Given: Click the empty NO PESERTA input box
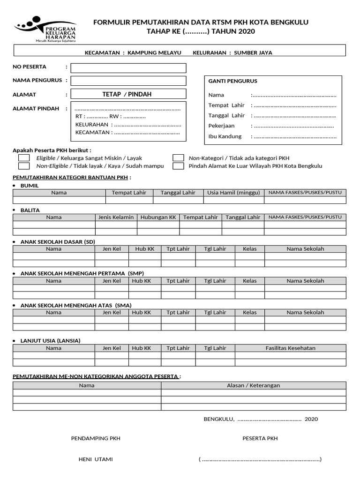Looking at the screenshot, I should coord(128,68).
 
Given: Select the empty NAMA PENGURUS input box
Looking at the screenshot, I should coord(128,81).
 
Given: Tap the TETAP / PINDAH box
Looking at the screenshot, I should coord(128,94).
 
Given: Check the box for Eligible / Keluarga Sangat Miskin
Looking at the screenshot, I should coord(24,158).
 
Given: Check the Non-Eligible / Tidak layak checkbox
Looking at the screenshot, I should coord(24,166).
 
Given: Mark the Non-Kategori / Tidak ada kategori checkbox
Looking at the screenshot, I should coord(178,158).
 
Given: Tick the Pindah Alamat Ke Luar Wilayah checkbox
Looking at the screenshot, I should coord(178,166).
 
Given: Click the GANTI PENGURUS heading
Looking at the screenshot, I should coord(233,81).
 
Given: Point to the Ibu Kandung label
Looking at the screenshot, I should coord(225,136).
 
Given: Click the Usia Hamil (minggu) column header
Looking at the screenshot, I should coord(233,193).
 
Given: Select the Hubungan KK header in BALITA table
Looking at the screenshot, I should coord(158,217).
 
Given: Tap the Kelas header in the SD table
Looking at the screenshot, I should coord(250,249).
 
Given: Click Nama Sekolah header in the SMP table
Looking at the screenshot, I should coord(305,281).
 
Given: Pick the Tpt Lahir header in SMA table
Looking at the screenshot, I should coord(178,312).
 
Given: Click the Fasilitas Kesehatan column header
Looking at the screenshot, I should coord(291,348).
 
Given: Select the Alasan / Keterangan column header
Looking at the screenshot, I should coord(254,385).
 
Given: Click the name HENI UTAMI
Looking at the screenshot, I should coord(96,459).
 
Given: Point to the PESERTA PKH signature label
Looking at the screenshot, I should coord(260,439).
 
